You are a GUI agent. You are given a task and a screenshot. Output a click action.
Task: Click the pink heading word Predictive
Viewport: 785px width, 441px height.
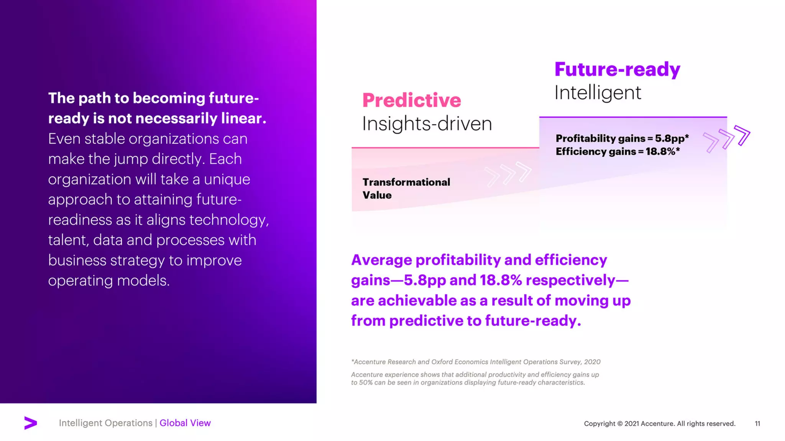(411, 100)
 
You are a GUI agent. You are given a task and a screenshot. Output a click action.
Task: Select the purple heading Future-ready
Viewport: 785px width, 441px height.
(617, 69)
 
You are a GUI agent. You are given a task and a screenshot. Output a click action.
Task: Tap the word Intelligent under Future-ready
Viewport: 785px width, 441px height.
(598, 93)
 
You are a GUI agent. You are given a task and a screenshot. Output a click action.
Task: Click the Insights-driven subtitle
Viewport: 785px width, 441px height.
(427, 124)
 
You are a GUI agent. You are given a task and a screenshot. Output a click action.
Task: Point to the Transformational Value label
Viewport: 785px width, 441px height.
(406, 188)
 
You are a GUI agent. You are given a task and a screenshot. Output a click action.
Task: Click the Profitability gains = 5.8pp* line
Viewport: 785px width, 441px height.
(622, 138)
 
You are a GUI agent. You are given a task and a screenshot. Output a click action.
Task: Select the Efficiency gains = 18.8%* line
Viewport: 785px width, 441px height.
(617, 152)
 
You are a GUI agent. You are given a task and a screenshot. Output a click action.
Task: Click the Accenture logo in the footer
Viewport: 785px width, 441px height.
(31, 423)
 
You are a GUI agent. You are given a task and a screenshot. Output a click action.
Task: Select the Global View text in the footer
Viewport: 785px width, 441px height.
(185, 423)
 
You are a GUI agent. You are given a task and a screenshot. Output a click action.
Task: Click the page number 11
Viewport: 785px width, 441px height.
(757, 423)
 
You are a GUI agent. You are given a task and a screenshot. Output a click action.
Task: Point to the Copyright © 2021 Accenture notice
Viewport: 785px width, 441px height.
(659, 423)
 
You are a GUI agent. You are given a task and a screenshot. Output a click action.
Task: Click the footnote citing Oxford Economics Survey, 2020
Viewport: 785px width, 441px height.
(475, 362)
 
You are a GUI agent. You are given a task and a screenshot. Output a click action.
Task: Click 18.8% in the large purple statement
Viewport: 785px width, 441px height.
(501, 280)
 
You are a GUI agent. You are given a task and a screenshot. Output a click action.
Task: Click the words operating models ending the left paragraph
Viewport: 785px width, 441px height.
(108, 281)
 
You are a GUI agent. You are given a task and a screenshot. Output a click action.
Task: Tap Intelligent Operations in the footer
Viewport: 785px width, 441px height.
(105, 423)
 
